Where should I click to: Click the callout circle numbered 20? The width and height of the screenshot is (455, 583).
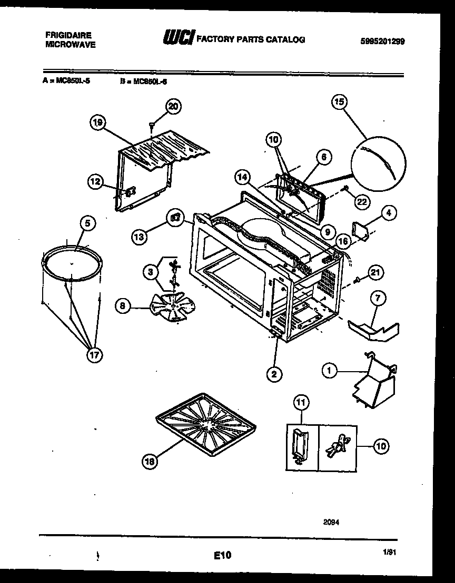coord(173,106)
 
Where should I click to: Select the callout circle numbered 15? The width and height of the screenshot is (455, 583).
coord(339,101)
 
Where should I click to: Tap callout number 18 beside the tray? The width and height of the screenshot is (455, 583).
coord(150,462)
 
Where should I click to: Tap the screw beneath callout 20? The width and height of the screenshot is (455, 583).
coord(152,125)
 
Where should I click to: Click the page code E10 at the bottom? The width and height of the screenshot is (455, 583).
coord(222,555)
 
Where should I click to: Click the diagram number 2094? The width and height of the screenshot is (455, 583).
coord(331,522)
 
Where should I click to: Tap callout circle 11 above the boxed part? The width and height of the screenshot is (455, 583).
coord(301,404)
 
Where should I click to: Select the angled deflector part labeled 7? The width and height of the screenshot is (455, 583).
coord(373,329)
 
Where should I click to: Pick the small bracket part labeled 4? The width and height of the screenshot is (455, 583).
coord(362,230)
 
